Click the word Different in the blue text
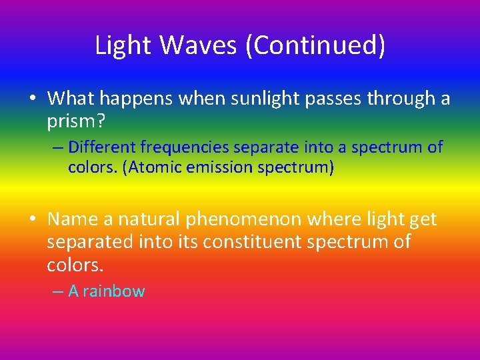[101, 147]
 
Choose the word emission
[217, 167]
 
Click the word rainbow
[113, 291]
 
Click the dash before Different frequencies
[58, 147]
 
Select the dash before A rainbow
[58, 291]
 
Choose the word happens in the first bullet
[137, 99]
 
